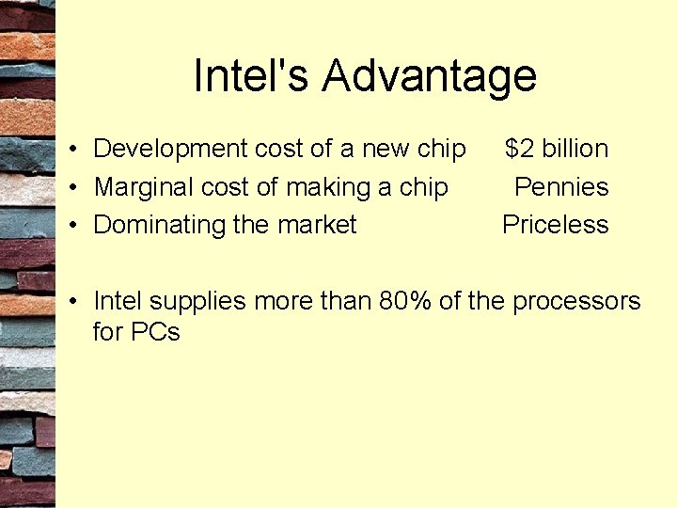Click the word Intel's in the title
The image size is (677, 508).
click(x=251, y=76)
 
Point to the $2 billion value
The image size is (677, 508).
click(x=557, y=149)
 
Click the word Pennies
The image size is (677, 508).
click(x=561, y=187)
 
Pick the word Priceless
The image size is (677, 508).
click(x=556, y=225)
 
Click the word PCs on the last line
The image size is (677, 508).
click(x=156, y=332)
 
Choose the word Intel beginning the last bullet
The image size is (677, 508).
click(x=118, y=301)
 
